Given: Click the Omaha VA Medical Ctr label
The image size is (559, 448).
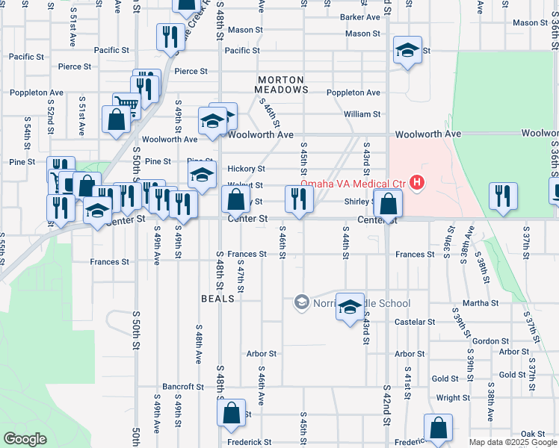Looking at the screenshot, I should [353, 184].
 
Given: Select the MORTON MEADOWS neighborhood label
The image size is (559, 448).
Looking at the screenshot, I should [280, 84].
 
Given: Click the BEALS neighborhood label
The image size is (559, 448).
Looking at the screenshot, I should [218, 298].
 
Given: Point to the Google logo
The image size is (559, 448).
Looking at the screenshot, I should [25, 439].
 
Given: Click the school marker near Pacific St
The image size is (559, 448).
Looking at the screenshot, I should [407, 50].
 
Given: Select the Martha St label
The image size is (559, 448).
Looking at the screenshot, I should [481, 303].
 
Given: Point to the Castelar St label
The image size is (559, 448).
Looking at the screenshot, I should [416, 322].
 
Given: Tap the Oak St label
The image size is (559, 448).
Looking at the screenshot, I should [533, 434].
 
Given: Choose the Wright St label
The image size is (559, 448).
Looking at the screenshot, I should [453, 398].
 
